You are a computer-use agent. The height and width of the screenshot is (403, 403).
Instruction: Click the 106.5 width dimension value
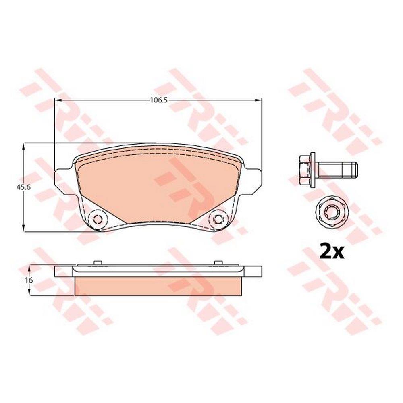coord(159,100)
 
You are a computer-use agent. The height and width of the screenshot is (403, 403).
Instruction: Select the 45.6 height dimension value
coord(24,187)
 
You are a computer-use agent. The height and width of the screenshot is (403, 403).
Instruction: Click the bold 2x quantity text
coord(331,253)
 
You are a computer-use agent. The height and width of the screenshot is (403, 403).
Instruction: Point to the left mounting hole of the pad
coord(97,219)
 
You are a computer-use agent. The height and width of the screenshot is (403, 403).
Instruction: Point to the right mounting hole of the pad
coord(218,219)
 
